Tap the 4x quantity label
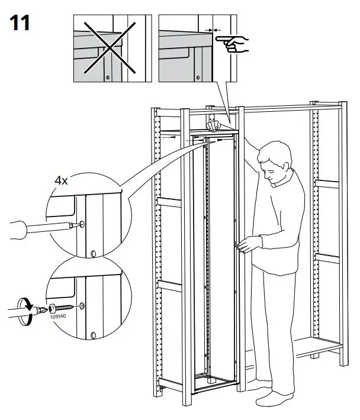click(x=61, y=180)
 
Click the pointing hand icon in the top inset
click(x=233, y=43)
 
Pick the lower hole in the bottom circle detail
click(x=93, y=335)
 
